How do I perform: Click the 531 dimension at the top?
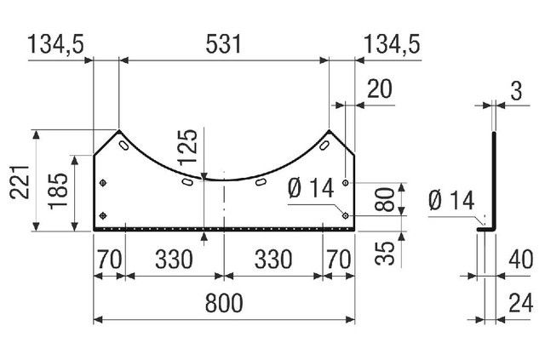tap(223, 44)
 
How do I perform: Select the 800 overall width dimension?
tap(224, 303)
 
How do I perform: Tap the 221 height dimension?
tap(20, 182)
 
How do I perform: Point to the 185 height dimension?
tap(58, 191)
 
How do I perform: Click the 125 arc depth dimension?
tap(187, 146)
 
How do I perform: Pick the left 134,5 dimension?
tap(55, 44)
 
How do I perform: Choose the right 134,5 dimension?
tap(392, 44)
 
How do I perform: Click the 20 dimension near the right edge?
tap(380, 89)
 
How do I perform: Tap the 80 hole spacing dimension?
tap(384, 199)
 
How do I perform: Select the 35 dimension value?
tap(385, 253)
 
